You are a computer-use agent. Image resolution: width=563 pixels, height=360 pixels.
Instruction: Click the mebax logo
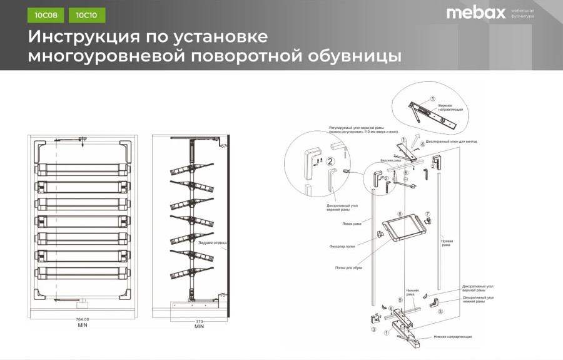coord(475,13)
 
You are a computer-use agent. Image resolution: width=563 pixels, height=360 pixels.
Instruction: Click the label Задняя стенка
coord(212,242)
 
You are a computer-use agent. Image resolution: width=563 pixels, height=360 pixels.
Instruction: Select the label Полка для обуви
coord(348,268)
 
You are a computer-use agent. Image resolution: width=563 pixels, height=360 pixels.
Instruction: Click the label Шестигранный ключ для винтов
coord(451,141)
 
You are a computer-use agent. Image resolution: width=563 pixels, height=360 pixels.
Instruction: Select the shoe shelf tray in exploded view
coord(403,228)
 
